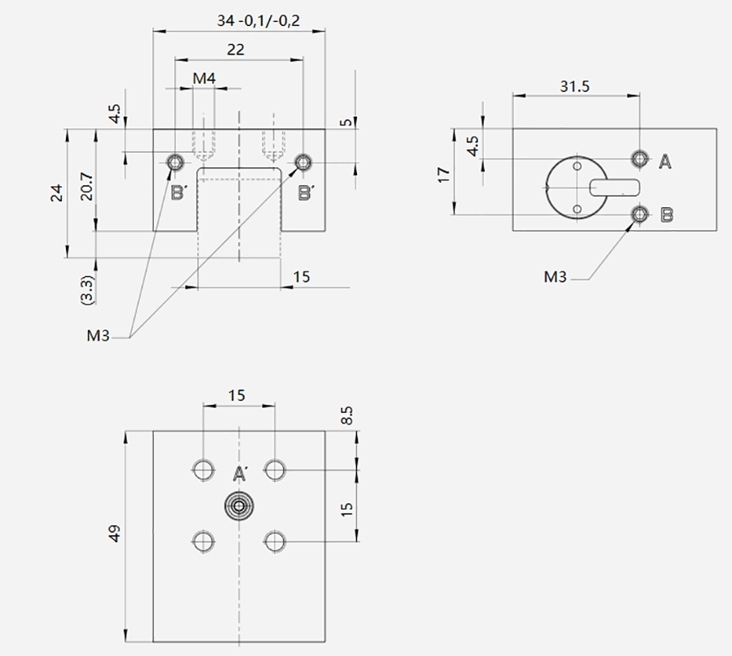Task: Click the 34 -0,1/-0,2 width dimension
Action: point(258,20)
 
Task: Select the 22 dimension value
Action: point(235,50)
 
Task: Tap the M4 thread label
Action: point(204,78)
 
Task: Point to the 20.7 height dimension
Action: point(87,186)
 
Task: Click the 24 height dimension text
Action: point(56,193)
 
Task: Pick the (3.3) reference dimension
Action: point(87,289)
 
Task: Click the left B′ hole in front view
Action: point(176,163)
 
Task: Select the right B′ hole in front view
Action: point(303,163)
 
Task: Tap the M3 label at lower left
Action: point(98,336)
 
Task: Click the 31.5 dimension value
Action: point(575,86)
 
